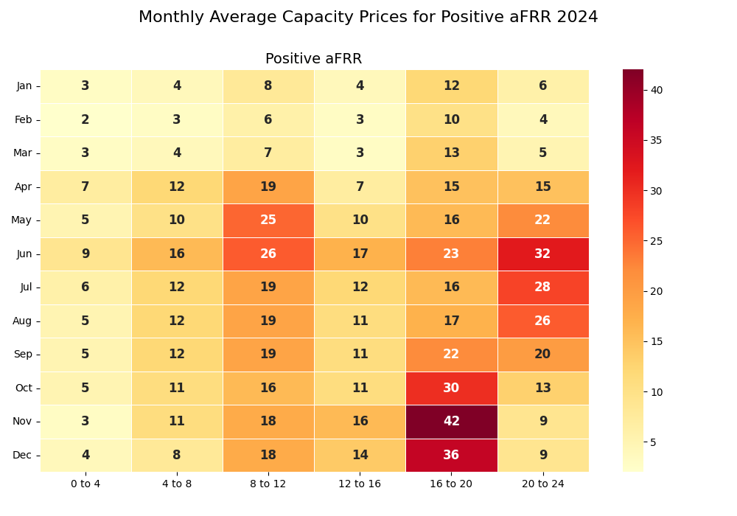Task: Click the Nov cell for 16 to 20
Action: pyautogui.click(x=451, y=422)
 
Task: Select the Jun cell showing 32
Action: pyautogui.click(x=542, y=254)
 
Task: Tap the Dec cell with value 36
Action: pyautogui.click(x=451, y=455)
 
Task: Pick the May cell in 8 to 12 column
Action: pyautogui.click(x=268, y=220)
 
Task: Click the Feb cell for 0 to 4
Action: pyautogui.click(x=85, y=119)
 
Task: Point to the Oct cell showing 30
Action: pyautogui.click(x=451, y=388)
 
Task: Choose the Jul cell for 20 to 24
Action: pyautogui.click(x=542, y=287)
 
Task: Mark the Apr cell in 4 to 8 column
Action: pyautogui.click(x=177, y=186)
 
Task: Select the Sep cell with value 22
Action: pyautogui.click(x=451, y=355)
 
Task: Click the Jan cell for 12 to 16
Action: pyautogui.click(x=360, y=86)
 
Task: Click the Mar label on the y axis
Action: pyautogui.click(x=23, y=153)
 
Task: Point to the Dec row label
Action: pyautogui.click(x=22, y=455)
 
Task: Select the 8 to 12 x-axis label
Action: pyautogui.click(x=268, y=484)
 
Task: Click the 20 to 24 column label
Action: pyautogui.click(x=542, y=484)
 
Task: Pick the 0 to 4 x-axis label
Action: pyautogui.click(x=85, y=484)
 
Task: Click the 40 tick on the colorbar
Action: pyautogui.click(x=656, y=90)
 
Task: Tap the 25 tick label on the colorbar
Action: pyautogui.click(x=656, y=241)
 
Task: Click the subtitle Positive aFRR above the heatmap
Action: pyautogui.click(x=313, y=59)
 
